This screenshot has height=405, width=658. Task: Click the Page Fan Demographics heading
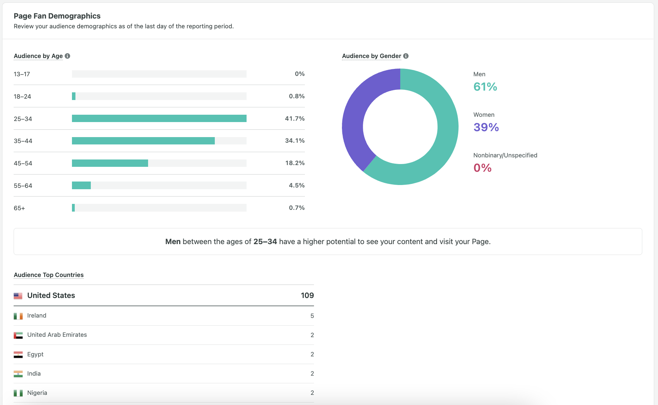pyautogui.click(x=57, y=16)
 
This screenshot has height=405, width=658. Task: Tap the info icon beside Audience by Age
pyautogui.click(x=67, y=56)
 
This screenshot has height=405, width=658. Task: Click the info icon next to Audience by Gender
pyautogui.click(x=406, y=56)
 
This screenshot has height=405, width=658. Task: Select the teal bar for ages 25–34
pyautogui.click(x=159, y=119)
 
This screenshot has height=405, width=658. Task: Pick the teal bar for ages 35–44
pyautogui.click(x=143, y=141)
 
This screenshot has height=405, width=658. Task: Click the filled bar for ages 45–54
pyautogui.click(x=110, y=163)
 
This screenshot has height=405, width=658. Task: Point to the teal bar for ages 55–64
pyautogui.click(x=81, y=185)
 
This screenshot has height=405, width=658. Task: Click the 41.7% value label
pyautogui.click(x=294, y=119)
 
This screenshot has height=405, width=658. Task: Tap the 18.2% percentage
pyautogui.click(x=295, y=163)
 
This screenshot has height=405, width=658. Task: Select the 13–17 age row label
pyautogui.click(x=22, y=74)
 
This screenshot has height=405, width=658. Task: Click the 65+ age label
pyautogui.click(x=19, y=208)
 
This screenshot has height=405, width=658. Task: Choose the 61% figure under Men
pyautogui.click(x=485, y=87)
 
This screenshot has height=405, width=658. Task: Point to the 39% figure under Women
pyautogui.click(x=486, y=127)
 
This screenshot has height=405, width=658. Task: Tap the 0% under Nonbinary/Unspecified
pyautogui.click(x=482, y=168)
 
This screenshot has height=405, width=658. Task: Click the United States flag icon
pyautogui.click(x=18, y=296)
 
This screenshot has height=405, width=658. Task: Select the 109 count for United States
pyautogui.click(x=307, y=296)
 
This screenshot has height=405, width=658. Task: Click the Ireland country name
pyautogui.click(x=37, y=315)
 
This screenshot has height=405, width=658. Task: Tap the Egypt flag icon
pyautogui.click(x=18, y=355)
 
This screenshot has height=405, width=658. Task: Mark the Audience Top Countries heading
pyautogui.click(x=49, y=275)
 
